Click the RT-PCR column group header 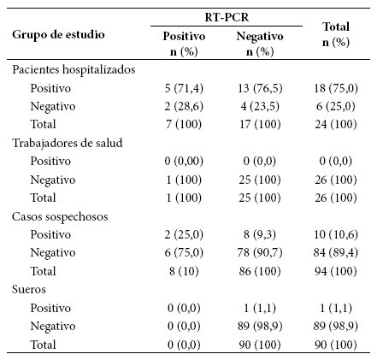227,17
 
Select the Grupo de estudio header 58,35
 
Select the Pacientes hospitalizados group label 74,70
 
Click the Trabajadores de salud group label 68,143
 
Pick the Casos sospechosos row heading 60,216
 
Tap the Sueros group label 29,289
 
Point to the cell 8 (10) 184,271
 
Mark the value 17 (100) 260,124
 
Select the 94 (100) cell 336,271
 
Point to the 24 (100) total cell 336,124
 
